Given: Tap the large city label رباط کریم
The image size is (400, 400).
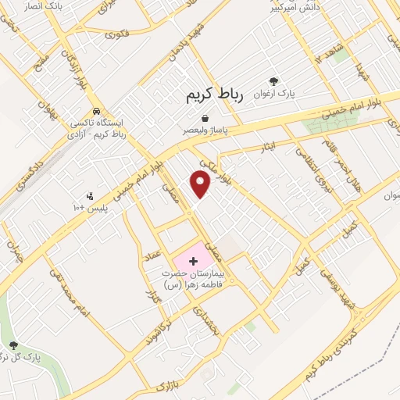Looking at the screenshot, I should click(215, 95).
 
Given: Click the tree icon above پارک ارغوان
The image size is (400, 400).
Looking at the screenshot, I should click(273, 81).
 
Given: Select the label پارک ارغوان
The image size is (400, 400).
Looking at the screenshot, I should click(273, 94).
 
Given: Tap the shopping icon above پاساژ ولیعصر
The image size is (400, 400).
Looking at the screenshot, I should click(204, 118).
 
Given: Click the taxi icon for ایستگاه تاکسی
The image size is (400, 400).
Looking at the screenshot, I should click(95, 112).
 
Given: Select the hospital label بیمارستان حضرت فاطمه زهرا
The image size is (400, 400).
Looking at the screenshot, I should click(192, 280).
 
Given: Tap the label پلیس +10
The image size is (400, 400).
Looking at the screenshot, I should click(87, 207).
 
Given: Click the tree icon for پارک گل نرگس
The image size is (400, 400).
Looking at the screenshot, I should click(13, 346).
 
